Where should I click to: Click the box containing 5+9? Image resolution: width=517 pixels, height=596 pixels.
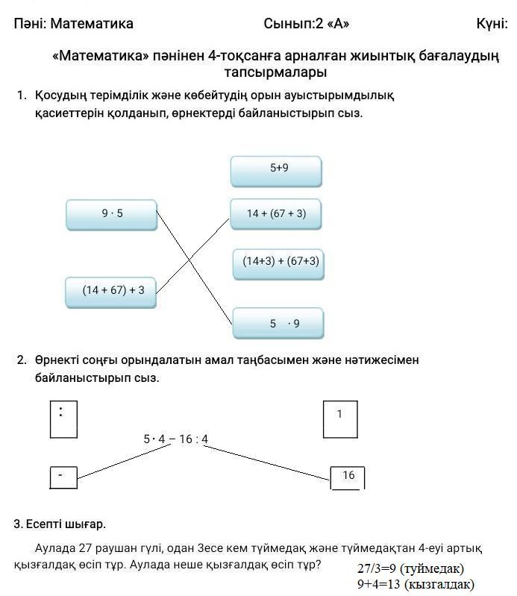[276, 170]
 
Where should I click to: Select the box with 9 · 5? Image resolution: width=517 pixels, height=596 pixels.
[111, 214]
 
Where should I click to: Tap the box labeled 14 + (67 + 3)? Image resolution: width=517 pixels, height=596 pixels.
[276, 214]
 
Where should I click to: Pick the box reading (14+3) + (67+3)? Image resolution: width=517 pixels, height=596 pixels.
[279, 263]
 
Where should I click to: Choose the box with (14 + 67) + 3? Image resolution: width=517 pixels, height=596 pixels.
[111, 291]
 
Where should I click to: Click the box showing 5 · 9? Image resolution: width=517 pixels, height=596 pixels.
[278, 324]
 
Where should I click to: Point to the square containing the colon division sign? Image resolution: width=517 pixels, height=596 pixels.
[63, 418]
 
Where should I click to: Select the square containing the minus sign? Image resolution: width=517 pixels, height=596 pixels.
[63, 477]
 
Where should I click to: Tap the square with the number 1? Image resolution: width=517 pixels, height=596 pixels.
[339, 418]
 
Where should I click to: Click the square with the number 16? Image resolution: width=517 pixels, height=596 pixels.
[348, 477]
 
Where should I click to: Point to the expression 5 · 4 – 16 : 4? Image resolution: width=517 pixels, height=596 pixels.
[176, 439]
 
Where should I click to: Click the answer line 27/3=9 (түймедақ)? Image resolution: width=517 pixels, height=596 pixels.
[410, 568]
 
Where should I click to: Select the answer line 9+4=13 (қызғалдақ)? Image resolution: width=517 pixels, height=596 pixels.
[416, 584]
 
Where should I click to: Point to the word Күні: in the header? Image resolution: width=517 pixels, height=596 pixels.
[492, 23]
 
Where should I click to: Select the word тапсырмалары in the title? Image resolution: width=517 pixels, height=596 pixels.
[275, 72]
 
